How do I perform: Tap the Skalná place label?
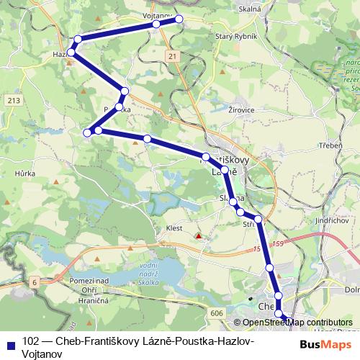(x=249, y=9)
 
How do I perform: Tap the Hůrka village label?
(x=24, y=174)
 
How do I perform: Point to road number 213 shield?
(x=12, y=99)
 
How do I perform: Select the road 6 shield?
(x=33, y=283)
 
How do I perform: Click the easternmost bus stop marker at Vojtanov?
(x=179, y=19)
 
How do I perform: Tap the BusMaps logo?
(x=327, y=344)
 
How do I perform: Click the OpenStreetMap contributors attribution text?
(x=297, y=323)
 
